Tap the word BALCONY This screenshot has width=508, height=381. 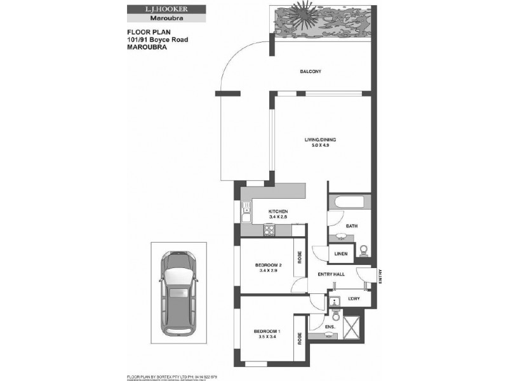click(x=311, y=71)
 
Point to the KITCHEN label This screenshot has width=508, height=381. click(x=278, y=211)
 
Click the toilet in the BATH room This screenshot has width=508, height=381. click(x=364, y=250)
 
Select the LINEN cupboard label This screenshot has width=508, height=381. click(x=341, y=254)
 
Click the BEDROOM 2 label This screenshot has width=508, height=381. click(x=266, y=265)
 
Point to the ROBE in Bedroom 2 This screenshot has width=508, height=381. click(x=298, y=258)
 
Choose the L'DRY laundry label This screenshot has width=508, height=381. click(x=354, y=298)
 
